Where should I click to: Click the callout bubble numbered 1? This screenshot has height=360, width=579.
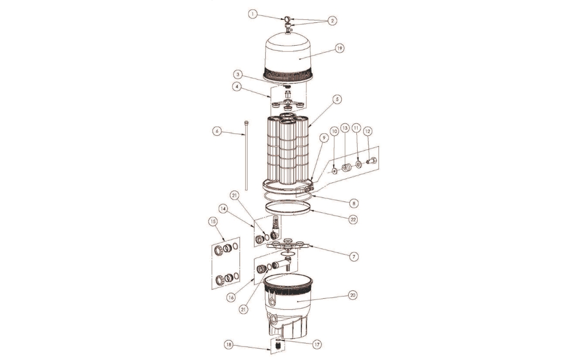click(253, 14)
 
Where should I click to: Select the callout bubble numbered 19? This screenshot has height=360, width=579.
click(339, 48)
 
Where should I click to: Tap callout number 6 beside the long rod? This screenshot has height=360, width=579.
click(217, 131)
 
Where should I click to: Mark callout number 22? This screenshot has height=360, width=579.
click(353, 219)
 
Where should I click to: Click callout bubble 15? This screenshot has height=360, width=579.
click(212, 222)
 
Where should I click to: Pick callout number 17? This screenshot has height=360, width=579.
click(317, 345)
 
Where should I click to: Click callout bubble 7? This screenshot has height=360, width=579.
click(353, 256)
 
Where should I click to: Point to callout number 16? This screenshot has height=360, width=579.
click(231, 296)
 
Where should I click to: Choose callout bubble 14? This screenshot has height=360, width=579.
click(233, 208)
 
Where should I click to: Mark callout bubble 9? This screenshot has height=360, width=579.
click(323, 138)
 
